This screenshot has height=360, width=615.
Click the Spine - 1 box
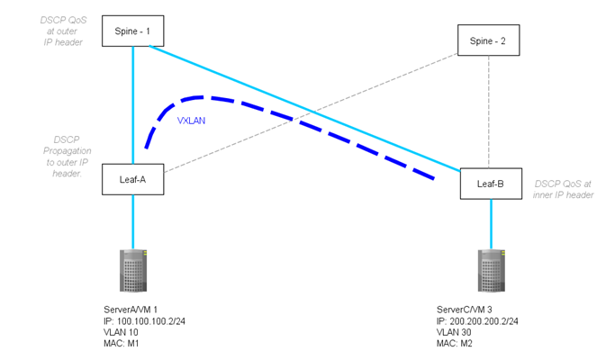tap(133, 31)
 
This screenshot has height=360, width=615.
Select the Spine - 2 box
tap(488, 40)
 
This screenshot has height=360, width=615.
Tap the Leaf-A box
tap(133, 179)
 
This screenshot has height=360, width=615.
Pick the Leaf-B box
tap(490, 184)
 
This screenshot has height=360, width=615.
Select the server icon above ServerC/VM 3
tap(491, 271)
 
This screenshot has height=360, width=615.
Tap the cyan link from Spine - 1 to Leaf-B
tap(306, 108)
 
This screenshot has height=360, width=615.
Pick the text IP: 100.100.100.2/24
tap(147, 320)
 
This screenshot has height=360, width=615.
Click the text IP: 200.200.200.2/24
tap(478, 320)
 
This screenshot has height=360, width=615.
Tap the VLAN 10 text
tap(122, 331)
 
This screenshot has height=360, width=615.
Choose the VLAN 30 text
tap(453, 331)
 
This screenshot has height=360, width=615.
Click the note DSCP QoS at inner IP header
tap(564, 188)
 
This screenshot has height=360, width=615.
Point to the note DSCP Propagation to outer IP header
tap(65, 156)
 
